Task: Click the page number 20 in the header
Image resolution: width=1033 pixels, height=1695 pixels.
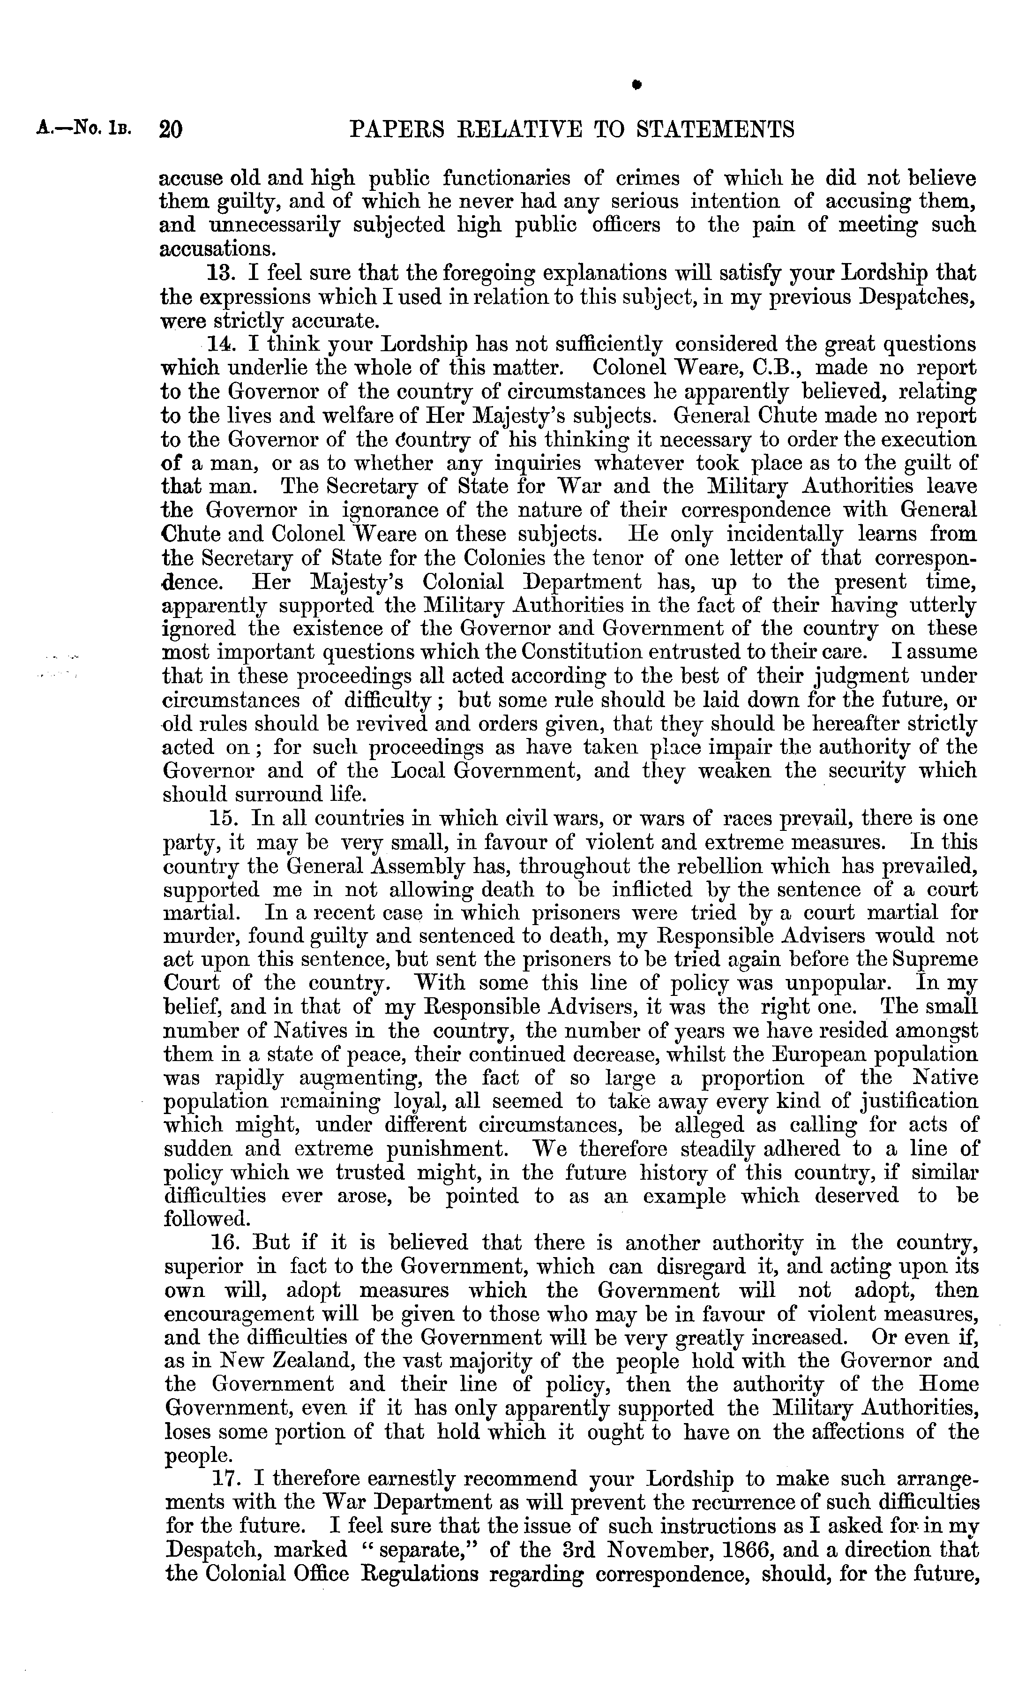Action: click(170, 129)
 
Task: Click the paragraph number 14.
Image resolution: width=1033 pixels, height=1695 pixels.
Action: click(221, 344)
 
